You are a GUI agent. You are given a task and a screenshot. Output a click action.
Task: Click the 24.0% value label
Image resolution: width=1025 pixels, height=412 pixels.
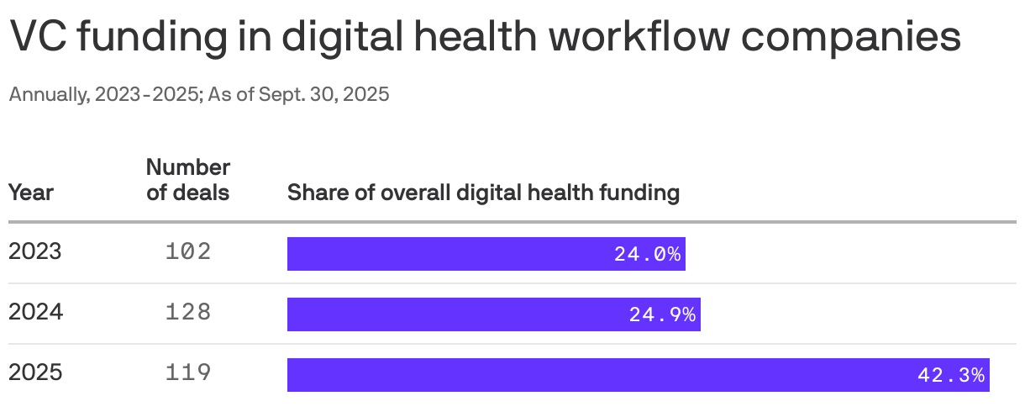click(647, 254)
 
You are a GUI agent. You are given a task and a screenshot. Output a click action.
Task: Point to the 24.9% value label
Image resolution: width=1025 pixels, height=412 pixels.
click(662, 314)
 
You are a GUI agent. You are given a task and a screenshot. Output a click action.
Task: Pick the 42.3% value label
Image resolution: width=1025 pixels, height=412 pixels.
click(951, 375)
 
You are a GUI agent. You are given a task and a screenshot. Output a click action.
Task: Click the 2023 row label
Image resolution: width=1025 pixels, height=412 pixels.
click(35, 251)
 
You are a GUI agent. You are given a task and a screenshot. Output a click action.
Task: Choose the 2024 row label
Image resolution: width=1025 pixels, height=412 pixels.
click(36, 312)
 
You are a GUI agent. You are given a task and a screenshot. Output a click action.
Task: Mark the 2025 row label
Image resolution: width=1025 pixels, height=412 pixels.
click(35, 372)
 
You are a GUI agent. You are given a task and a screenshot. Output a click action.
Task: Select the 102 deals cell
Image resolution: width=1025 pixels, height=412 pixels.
click(188, 251)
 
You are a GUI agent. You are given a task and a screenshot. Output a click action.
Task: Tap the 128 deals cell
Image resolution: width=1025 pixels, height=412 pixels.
click(188, 312)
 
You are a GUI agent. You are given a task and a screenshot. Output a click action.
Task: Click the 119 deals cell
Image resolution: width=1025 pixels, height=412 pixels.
click(188, 372)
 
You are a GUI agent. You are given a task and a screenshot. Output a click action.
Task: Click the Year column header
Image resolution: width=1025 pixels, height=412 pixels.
click(31, 193)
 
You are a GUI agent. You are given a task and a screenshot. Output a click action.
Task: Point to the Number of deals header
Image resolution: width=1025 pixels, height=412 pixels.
click(188, 179)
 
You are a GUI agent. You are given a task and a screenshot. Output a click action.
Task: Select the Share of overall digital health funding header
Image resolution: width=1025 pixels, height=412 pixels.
click(483, 193)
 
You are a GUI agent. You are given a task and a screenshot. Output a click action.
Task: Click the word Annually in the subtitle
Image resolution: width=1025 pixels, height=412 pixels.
click(46, 94)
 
